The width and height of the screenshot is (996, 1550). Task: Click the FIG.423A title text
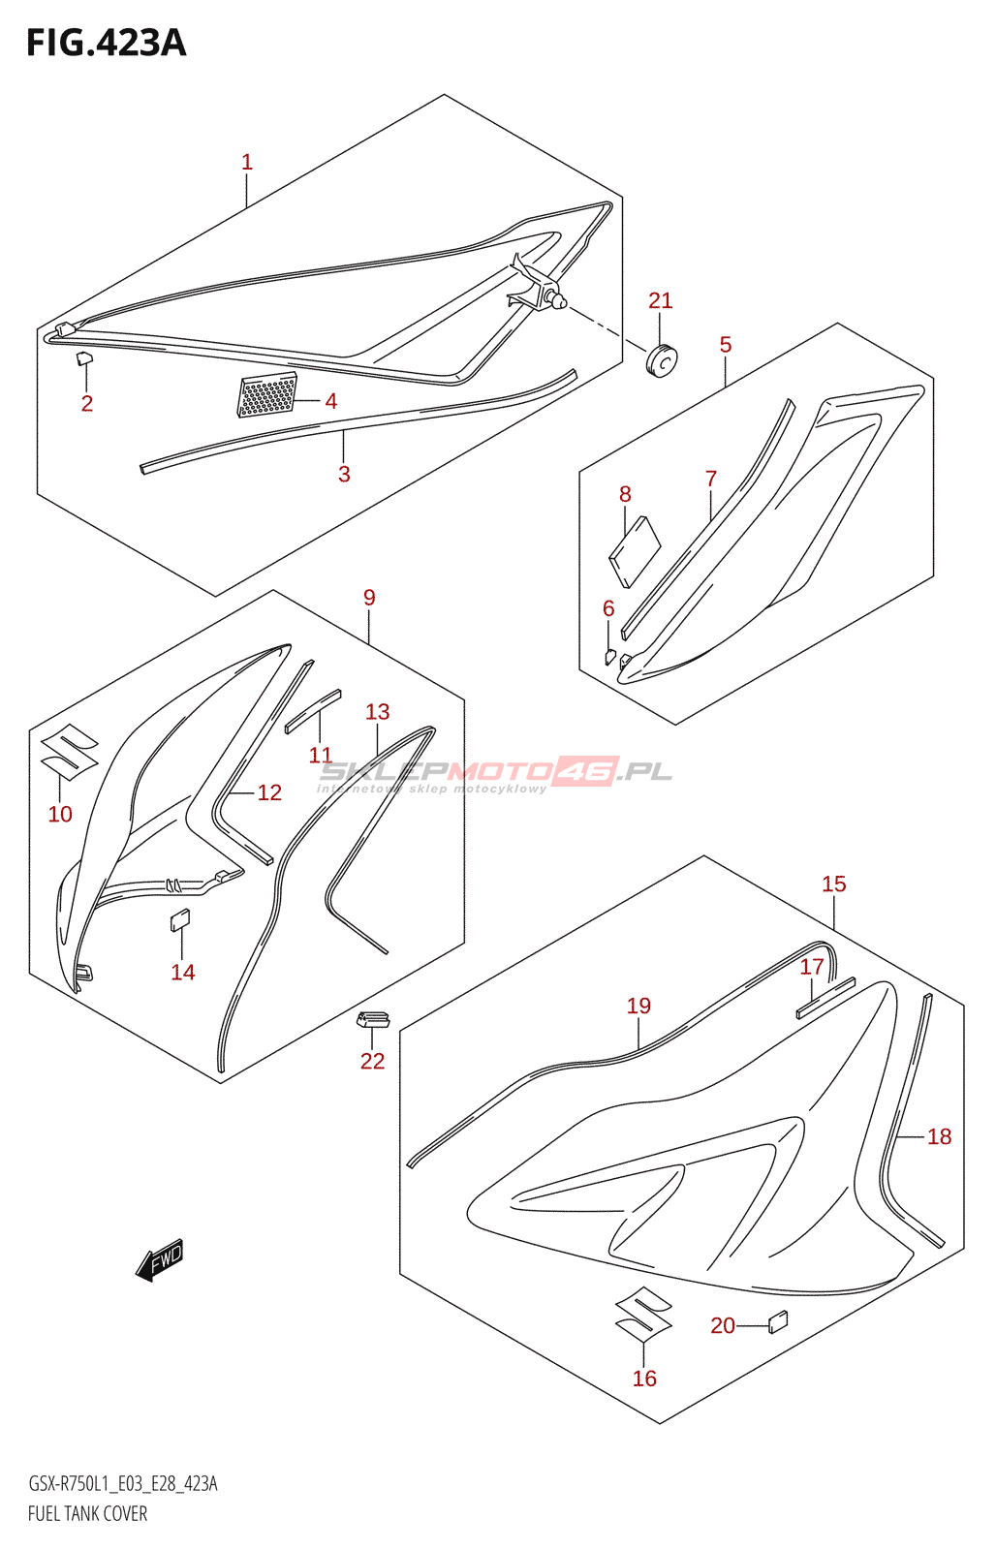click(107, 43)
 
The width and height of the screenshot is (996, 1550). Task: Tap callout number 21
click(661, 300)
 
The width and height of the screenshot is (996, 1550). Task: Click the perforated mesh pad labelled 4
click(267, 395)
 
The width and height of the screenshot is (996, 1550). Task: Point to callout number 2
click(86, 403)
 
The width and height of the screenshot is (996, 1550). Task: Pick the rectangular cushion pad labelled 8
click(635, 551)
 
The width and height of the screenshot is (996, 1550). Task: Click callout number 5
click(726, 345)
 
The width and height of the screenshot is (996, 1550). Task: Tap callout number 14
click(183, 973)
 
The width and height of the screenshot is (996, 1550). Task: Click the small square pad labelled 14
click(180, 920)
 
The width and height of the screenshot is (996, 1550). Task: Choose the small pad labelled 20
click(778, 1322)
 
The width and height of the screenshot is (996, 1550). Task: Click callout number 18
click(939, 1136)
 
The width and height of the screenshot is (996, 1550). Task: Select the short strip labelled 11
click(313, 711)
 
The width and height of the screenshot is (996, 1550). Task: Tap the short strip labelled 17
click(825, 998)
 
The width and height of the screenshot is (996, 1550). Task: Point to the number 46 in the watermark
click(586, 770)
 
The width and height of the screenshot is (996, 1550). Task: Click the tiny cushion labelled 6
click(609, 655)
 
